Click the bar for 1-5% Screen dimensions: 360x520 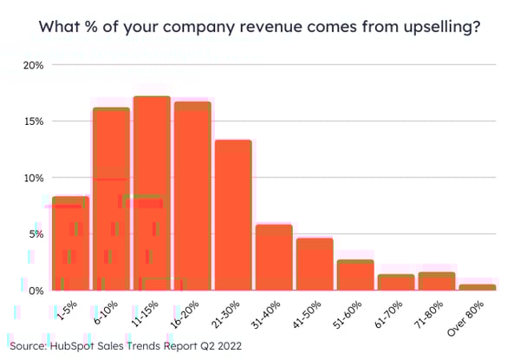(70, 244)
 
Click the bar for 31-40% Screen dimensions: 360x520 (274, 258)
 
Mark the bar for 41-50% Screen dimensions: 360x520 (315, 265)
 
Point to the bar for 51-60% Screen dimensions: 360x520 (355, 275)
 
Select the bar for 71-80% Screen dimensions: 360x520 (437, 281)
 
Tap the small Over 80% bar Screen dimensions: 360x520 (478, 287)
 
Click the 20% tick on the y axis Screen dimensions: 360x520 (34, 65)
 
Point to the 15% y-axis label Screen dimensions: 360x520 (34, 121)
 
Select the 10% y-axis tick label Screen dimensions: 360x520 (34, 178)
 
